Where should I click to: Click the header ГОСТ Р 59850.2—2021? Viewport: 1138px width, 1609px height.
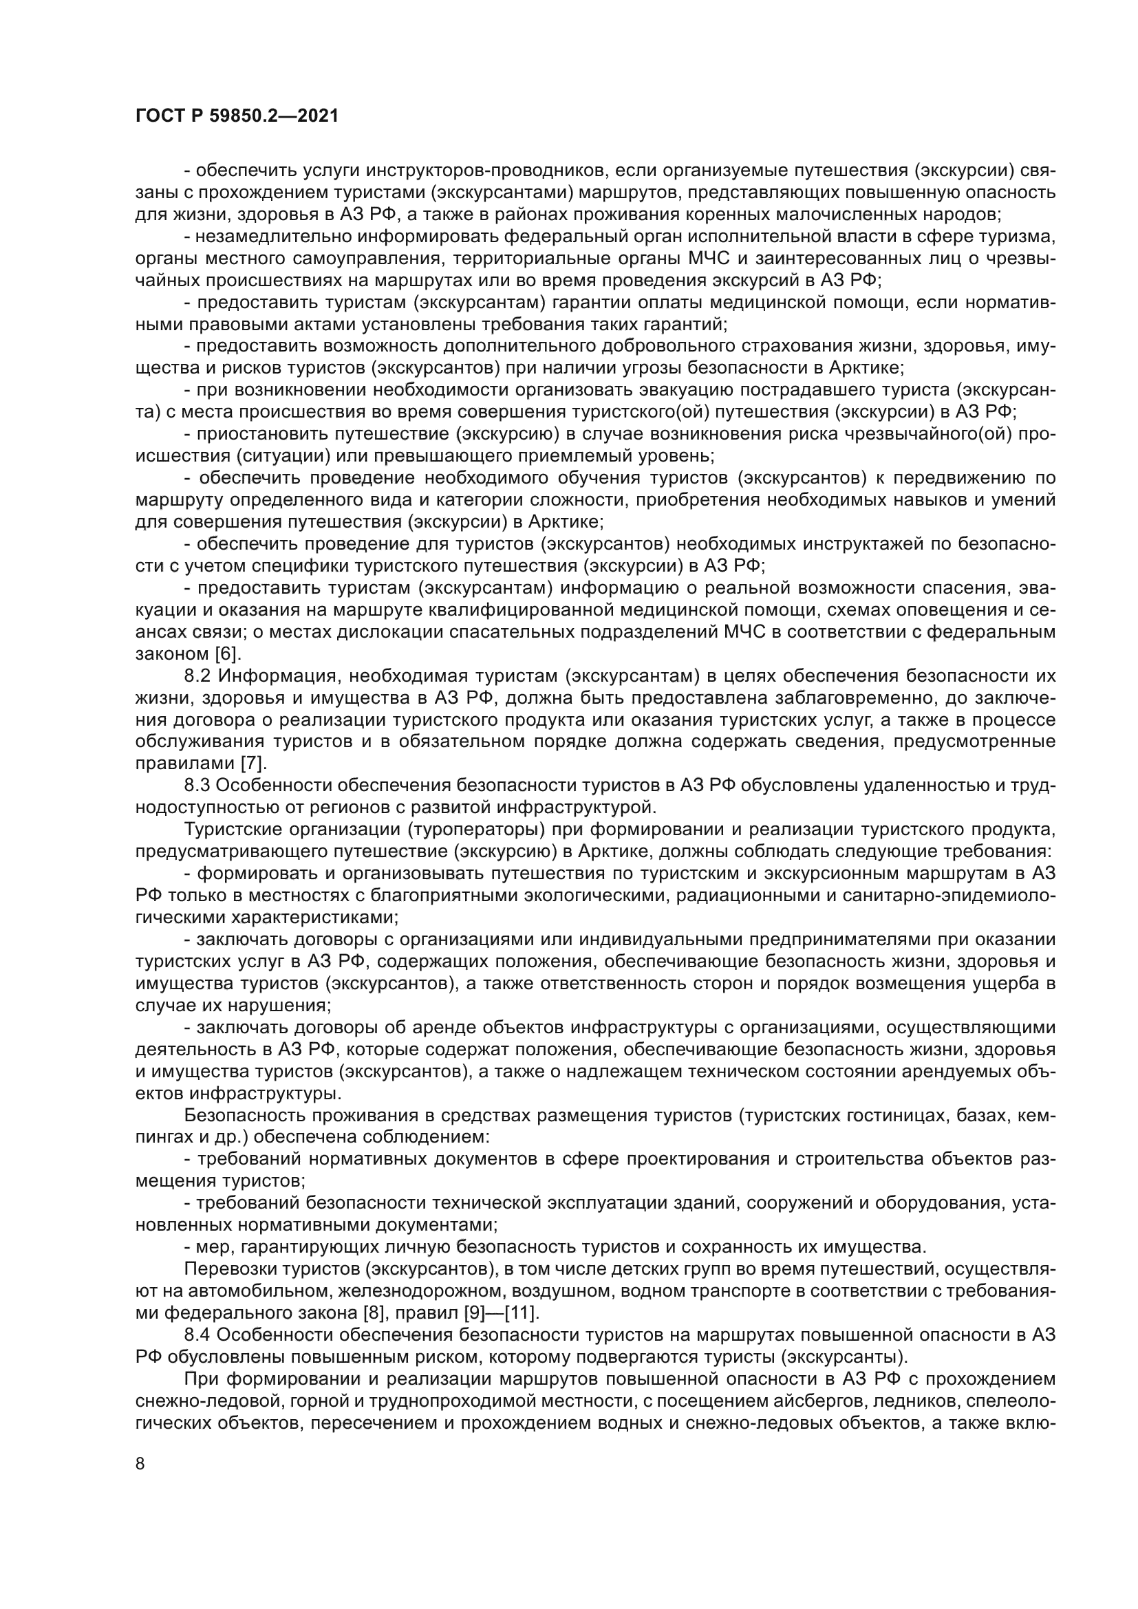point(237,116)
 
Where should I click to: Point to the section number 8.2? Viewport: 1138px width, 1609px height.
point(200,676)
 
